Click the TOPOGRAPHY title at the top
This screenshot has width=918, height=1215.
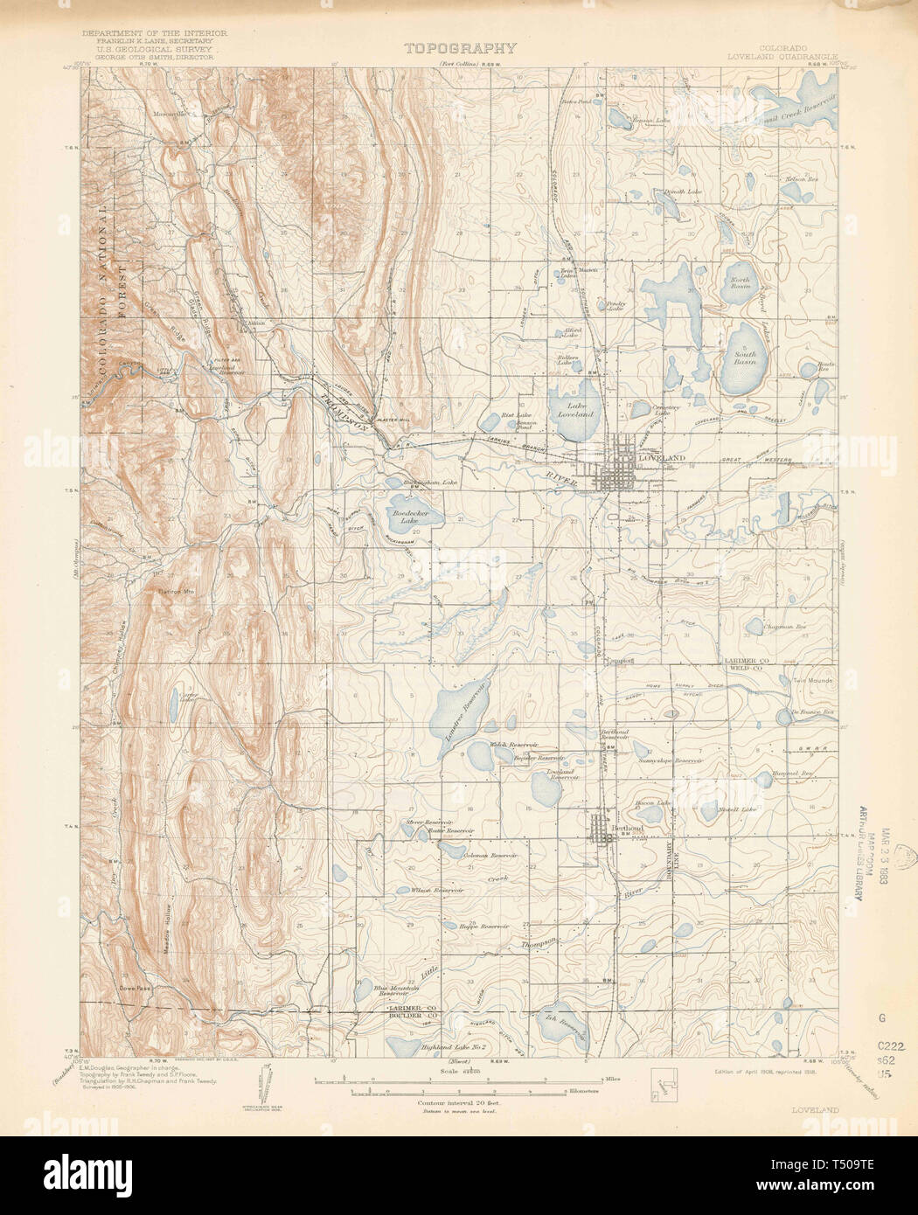[x=460, y=48]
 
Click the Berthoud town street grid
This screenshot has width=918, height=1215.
[x=603, y=829]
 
